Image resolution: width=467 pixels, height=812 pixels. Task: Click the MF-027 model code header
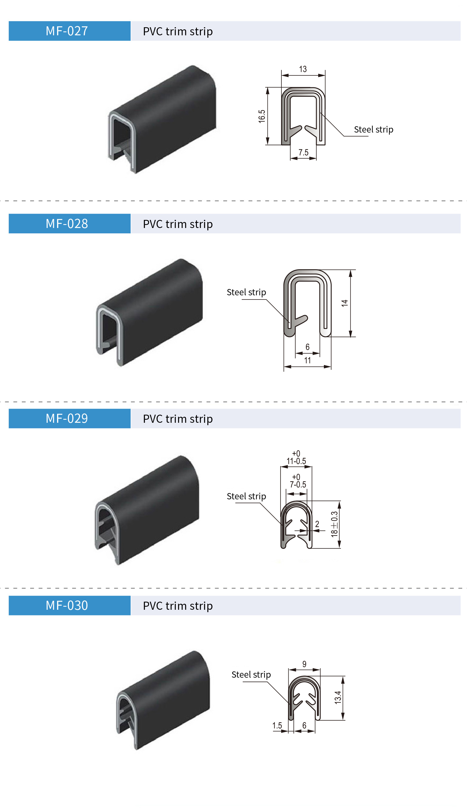pyautogui.click(x=67, y=31)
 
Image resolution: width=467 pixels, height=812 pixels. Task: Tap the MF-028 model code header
pyautogui.click(x=67, y=223)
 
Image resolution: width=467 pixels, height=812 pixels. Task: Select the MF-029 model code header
pyautogui.click(x=67, y=418)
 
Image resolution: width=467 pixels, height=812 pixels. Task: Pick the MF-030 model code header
pyautogui.click(x=67, y=605)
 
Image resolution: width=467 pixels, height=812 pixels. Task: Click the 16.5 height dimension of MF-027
pyautogui.click(x=262, y=116)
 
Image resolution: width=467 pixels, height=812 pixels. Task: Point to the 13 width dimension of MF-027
pyautogui.click(x=303, y=69)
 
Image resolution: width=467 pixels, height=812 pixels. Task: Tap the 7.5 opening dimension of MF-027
pyautogui.click(x=304, y=153)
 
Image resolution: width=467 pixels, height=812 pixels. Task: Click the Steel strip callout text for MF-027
pyautogui.click(x=373, y=129)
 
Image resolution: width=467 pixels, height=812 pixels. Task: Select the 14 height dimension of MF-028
pyautogui.click(x=344, y=303)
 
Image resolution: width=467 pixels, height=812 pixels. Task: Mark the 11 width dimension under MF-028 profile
pyautogui.click(x=307, y=360)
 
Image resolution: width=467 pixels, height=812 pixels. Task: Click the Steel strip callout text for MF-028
pyautogui.click(x=246, y=292)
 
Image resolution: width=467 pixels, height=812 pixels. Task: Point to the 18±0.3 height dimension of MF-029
pyautogui.click(x=334, y=524)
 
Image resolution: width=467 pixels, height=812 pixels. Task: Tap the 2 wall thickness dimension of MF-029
pyautogui.click(x=317, y=524)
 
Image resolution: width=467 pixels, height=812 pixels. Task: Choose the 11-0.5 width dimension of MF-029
pyautogui.click(x=296, y=461)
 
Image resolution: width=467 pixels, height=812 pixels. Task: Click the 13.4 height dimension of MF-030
pyautogui.click(x=338, y=697)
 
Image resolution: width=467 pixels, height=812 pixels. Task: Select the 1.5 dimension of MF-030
pyautogui.click(x=277, y=725)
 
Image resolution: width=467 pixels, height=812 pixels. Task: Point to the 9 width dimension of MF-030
pyautogui.click(x=304, y=664)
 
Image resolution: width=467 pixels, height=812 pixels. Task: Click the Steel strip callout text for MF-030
pyautogui.click(x=251, y=674)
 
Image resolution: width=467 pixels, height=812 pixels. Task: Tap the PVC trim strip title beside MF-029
pyautogui.click(x=178, y=419)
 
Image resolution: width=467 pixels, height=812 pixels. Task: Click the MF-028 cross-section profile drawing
pyautogui.click(x=307, y=303)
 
